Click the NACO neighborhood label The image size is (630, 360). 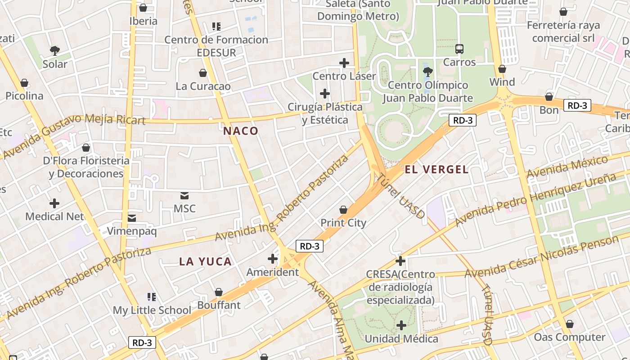[x=241, y=131]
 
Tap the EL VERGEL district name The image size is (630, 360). [x=436, y=170]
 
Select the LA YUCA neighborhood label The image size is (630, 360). [x=205, y=261]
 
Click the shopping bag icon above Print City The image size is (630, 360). [x=343, y=210]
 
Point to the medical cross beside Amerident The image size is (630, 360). [x=272, y=259]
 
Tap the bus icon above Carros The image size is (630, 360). [x=459, y=49]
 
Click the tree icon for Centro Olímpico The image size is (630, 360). [x=427, y=72]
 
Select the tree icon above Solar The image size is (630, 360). [x=55, y=50]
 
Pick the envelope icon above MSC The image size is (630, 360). [x=184, y=196]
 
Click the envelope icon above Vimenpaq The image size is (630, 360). [x=132, y=218]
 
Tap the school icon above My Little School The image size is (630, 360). [x=152, y=297]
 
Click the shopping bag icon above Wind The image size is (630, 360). [x=502, y=69]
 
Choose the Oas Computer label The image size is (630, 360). [x=569, y=337]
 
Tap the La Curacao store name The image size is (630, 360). [x=203, y=86]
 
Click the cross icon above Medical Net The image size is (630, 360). [x=54, y=203]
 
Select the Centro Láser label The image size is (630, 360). [x=344, y=76]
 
